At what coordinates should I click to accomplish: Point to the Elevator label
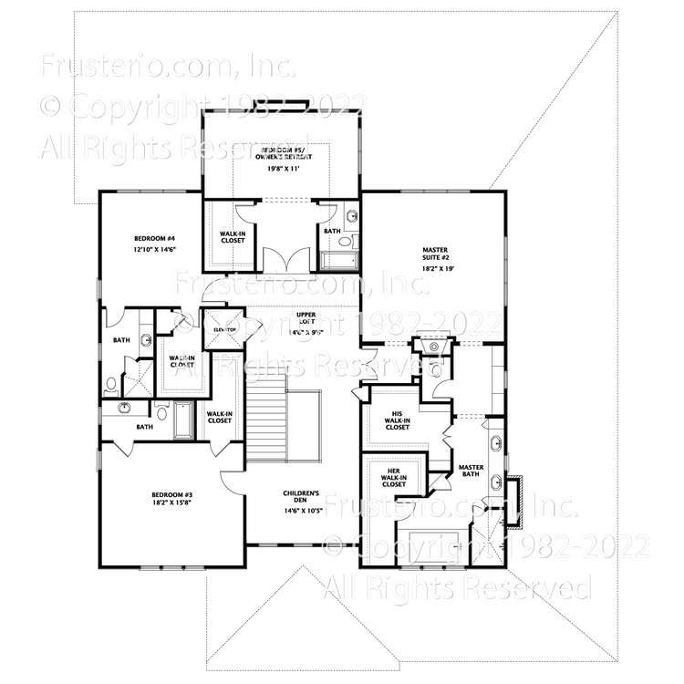pyautogui.click(x=224, y=329)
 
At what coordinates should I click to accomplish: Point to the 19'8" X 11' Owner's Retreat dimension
pyautogui.click(x=283, y=169)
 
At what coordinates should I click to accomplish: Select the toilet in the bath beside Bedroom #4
pyautogui.click(x=110, y=384)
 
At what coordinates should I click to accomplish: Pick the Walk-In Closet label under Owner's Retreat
pyautogui.click(x=233, y=237)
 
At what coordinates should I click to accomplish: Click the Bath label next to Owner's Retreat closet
pyautogui.click(x=331, y=232)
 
